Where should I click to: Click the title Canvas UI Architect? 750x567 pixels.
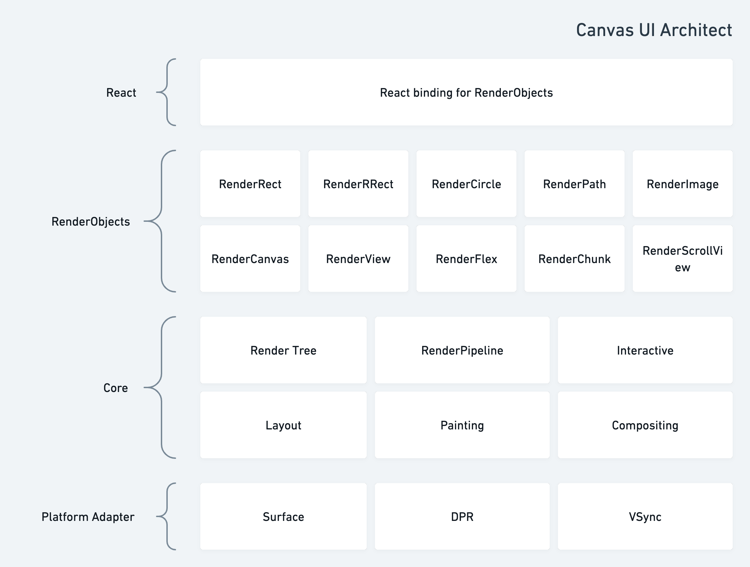click(654, 30)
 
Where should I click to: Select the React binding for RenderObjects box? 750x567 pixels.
click(466, 92)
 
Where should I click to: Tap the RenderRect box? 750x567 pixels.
click(250, 184)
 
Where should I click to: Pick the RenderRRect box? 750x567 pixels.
click(358, 184)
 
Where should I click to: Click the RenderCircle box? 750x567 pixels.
click(466, 184)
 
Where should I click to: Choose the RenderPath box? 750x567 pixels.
click(575, 184)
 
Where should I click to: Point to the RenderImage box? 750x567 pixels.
click(683, 184)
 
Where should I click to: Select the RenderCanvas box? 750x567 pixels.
click(250, 259)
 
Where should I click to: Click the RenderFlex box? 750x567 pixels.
click(466, 259)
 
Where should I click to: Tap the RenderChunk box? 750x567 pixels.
click(575, 259)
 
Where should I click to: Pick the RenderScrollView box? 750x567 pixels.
click(683, 259)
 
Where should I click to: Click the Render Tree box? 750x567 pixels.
click(284, 350)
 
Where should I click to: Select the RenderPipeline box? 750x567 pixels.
click(462, 350)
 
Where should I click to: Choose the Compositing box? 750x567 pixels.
click(645, 425)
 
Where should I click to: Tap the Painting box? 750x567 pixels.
click(462, 425)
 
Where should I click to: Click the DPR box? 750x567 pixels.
click(462, 516)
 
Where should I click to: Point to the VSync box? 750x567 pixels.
click(645, 516)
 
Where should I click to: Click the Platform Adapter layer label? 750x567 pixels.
click(88, 517)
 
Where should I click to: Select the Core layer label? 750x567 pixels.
click(116, 388)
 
